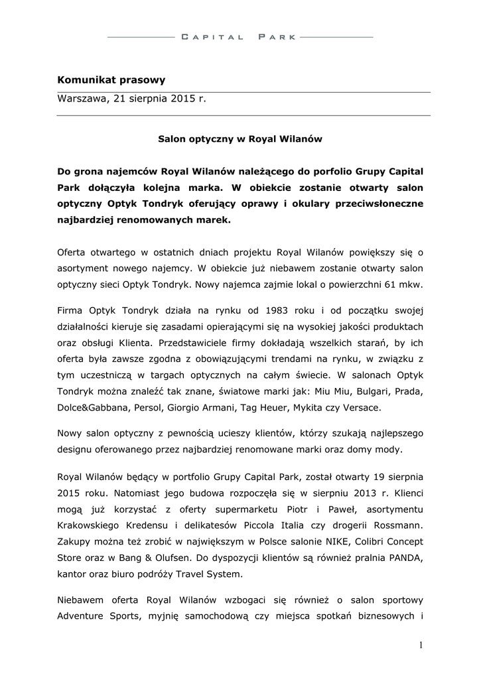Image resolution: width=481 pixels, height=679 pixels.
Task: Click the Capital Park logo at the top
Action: click(x=240, y=37)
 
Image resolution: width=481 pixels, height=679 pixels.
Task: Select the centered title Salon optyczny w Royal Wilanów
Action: click(x=240, y=139)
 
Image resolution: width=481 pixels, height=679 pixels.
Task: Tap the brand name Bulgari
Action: click(x=356, y=391)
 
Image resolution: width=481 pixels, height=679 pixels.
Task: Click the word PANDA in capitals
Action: click(x=404, y=558)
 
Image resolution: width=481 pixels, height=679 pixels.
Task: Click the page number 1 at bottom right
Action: click(x=421, y=645)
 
